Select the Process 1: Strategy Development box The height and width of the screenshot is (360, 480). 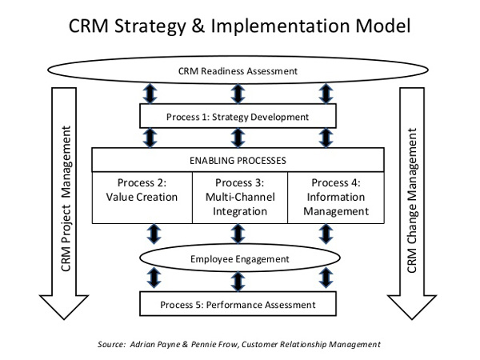tap(238, 116)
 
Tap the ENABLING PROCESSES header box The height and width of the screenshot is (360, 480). tap(238, 160)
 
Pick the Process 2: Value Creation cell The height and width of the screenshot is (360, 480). tap(142, 198)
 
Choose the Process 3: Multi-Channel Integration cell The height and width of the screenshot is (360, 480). tap(240, 198)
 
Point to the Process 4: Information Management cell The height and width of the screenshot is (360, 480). tap(336, 198)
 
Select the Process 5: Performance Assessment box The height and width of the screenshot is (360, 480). tap(238, 304)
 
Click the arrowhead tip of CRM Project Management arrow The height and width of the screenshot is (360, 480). tap(64, 319)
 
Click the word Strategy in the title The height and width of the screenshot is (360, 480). tap(150, 26)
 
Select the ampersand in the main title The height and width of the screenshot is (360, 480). tap(198, 26)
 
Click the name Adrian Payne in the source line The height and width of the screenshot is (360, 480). tap(155, 344)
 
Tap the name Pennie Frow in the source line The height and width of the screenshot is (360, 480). tap(214, 344)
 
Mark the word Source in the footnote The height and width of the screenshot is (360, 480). tap(111, 344)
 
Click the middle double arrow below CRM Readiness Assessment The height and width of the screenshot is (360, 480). tap(238, 94)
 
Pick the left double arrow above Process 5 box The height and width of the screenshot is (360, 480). tap(154, 278)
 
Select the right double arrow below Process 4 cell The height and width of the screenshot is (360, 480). tap(326, 234)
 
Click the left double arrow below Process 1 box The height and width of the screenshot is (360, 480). tap(150, 138)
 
